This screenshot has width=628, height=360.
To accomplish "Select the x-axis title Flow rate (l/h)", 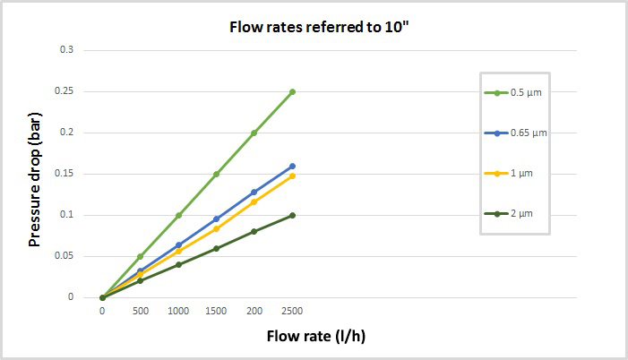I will pos(315,337).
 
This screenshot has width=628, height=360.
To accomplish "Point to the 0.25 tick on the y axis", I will pos(65,91).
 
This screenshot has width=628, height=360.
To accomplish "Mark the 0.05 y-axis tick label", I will pos(65,256).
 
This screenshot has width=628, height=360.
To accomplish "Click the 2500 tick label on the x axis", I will pos(292,310).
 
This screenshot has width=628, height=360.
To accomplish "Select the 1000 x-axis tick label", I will pos(178,310).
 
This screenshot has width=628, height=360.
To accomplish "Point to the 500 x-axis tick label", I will pos(140,310).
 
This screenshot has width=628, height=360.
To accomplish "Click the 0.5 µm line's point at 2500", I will pos(292,91).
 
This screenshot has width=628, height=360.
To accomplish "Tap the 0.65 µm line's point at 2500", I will pos(292,166).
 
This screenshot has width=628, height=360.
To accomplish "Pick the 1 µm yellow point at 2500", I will pos(292,176).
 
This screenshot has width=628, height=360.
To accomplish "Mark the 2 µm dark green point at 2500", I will pos(292,215).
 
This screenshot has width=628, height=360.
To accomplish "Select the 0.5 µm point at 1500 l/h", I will pos(216,174).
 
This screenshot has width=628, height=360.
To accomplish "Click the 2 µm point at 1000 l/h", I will pos(178,264).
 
